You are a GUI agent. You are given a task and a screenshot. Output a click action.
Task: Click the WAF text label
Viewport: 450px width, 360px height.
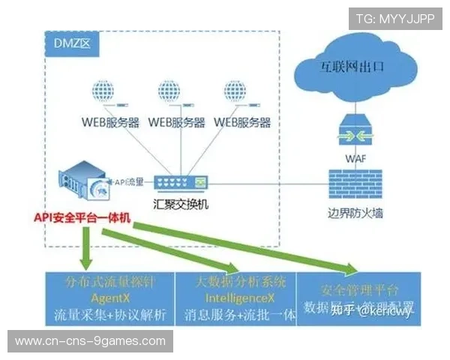point(355,158)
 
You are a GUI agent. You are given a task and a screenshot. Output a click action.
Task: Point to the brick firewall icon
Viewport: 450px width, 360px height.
point(355,183)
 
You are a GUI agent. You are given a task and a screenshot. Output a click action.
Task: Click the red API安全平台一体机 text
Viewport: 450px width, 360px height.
point(82,217)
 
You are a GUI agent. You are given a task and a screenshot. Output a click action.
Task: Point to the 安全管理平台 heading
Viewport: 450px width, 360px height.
point(359,289)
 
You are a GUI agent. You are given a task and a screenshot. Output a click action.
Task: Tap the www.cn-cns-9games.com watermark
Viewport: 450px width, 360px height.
point(90,341)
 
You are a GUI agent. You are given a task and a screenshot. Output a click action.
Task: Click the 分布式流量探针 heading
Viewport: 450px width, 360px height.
point(109,282)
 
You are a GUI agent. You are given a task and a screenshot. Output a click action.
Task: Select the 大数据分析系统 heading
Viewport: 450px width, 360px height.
point(233,282)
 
